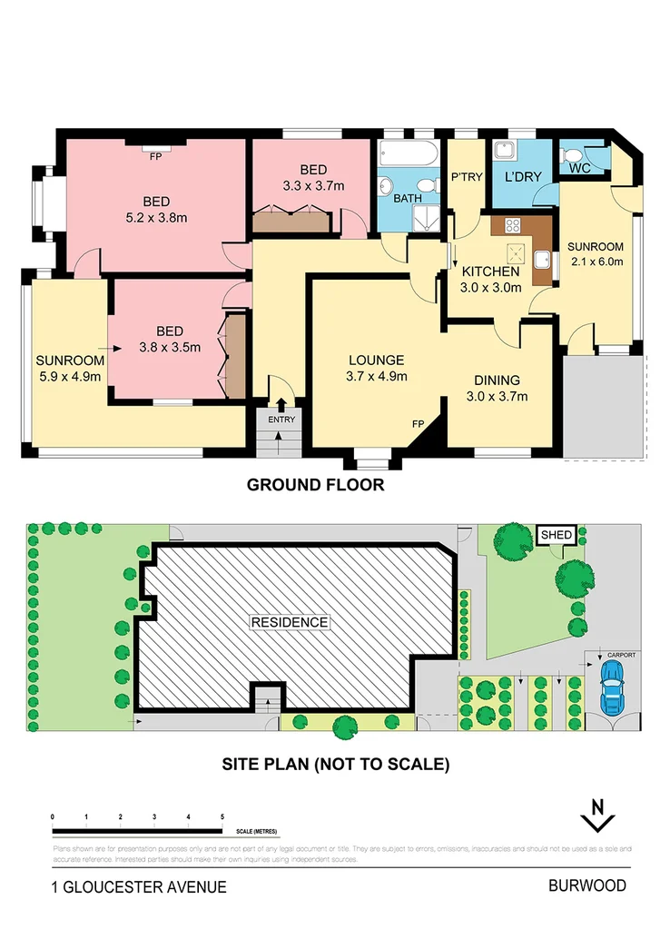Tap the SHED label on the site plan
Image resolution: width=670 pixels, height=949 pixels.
point(557,536)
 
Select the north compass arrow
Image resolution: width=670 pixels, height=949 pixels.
point(597,815)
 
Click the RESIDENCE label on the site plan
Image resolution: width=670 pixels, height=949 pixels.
point(290,622)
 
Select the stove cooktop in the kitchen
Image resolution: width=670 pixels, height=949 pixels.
point(511,226)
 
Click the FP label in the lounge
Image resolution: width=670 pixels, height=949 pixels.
point(419,423)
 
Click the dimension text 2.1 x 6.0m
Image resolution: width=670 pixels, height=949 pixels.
point(596,263)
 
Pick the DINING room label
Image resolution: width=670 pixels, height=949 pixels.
point(496,380)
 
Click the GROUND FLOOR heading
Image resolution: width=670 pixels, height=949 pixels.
point(315,485)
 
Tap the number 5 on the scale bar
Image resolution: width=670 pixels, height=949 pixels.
point(222,817)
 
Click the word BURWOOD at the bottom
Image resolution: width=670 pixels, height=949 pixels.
point(586,886)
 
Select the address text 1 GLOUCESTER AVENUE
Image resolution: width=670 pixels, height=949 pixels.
point(139,887)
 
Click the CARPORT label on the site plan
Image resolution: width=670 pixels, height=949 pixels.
point(622,654)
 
